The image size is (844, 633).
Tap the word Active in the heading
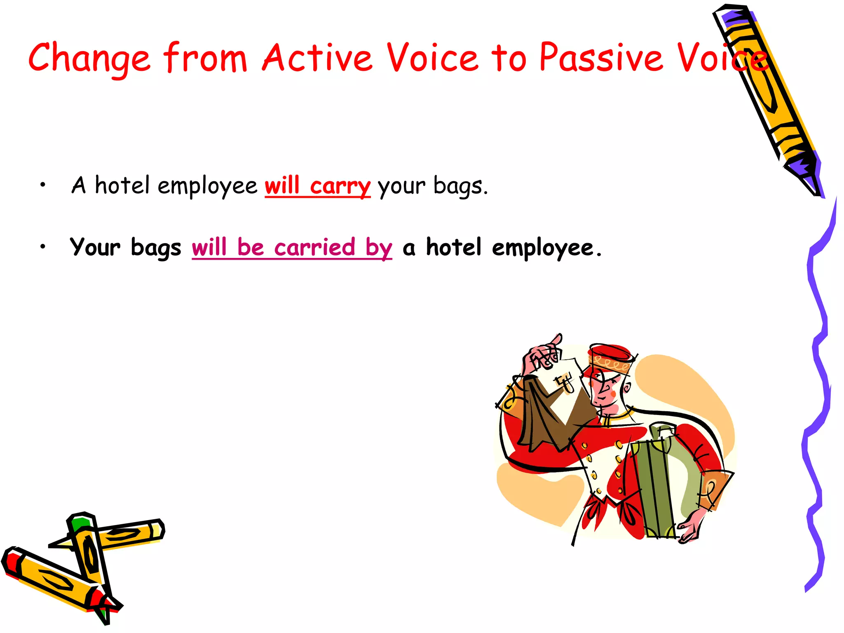coord(317,58)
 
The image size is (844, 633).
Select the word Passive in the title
coord(601,58)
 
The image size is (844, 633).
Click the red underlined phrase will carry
coord(317,186)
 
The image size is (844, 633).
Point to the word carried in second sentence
coord(314,248)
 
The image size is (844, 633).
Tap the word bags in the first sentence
coord(460,186)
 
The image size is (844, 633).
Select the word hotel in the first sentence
coord(122,185)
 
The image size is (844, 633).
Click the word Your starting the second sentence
coord(95,248)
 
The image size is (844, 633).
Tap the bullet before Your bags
coord(42,247)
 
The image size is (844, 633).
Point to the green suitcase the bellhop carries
coord(655,486)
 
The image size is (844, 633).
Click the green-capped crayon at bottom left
coord(89,548)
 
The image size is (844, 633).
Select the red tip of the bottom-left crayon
coord(10,560)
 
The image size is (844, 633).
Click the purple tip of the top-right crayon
coord(808,173)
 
